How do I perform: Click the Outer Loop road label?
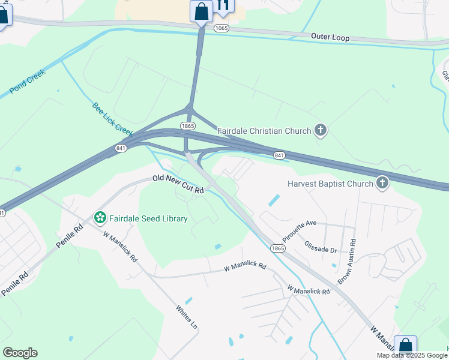point(330,37)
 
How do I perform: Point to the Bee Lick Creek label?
point(112,119)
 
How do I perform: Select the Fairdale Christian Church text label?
point(264,131)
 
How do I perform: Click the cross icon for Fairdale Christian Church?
point(321,130)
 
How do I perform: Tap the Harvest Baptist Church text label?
point(330,184)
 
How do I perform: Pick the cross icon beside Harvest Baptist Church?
point(382,183)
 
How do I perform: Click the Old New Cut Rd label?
point(178,184)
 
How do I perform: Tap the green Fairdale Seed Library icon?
point(100,217)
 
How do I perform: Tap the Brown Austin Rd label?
point(346,262)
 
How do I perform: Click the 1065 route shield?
point(221,28)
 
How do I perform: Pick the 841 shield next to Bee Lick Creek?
point(121,148)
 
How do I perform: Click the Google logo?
point(20,353)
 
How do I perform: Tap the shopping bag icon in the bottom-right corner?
point(405,347)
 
